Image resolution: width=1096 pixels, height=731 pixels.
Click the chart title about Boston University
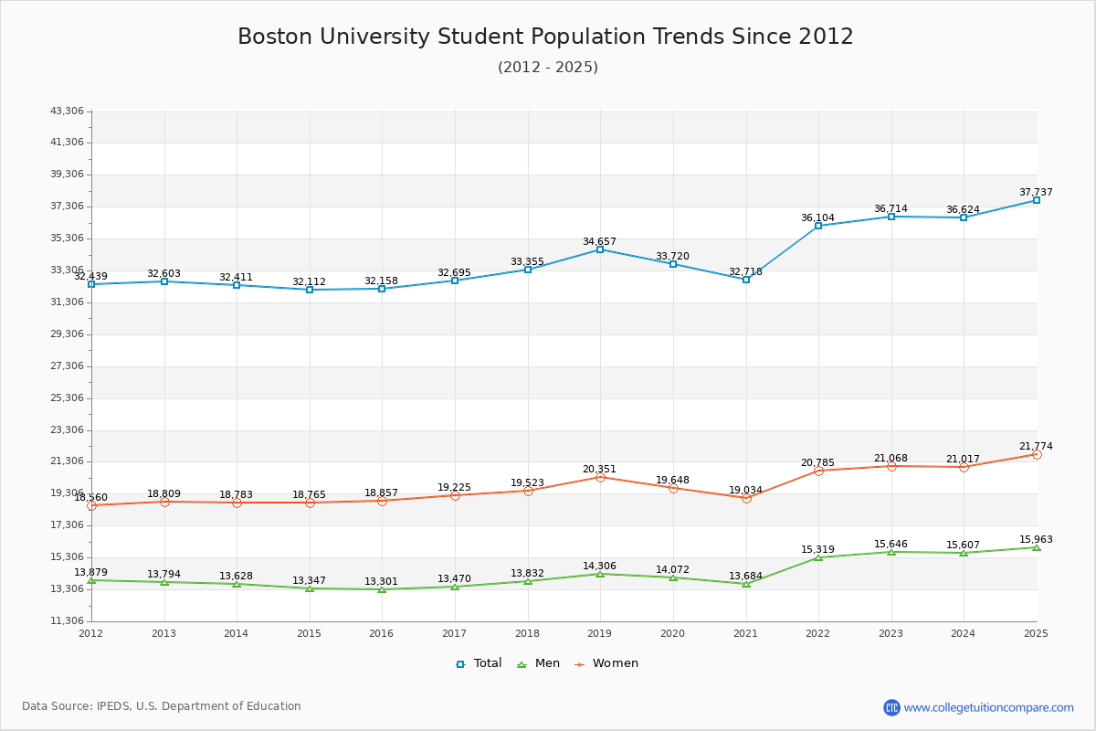pyautogui.click(x=545, y=37)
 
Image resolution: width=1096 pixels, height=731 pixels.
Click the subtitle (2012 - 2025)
pyautogui.click(x=548, y=67)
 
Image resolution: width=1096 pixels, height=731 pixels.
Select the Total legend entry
pyautogui.click(x=479, y=663)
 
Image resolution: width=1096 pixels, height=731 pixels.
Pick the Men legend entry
pyautogui.click(x=539, y=663)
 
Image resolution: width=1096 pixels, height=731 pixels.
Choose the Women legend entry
pyautogui.click(x=606, y=663)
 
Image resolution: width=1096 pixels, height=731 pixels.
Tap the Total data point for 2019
pyautogui.click(x=600, y=249)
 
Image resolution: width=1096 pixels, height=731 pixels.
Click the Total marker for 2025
pyautogui.click(x=1037, y=200)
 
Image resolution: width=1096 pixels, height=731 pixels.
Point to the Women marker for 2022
pyautogui.click(x=818, y=471)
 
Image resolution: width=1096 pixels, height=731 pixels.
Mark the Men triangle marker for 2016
pyautogui.click(x=382, y=589)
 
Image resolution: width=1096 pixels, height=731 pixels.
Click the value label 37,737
pyautogui.click(x=1036, y=192)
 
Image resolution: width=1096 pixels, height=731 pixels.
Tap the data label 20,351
pyautogui.click(x=599, y=469)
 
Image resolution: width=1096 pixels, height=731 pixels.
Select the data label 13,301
pyautogui.click(x=381, y=581)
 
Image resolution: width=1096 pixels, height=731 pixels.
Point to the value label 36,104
pyautogui.click(x=817, y=217)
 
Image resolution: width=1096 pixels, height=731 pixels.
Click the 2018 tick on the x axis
pyautogui.click(x=527, y=633)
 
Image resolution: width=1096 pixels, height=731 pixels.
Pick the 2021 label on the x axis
pyautogui.click(x=745, y=633)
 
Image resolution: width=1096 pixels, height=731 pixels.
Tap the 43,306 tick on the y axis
pyautogui.click(x=67, y=111)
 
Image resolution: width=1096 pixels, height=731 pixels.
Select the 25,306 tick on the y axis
pyautogui.click(x=67, y=397)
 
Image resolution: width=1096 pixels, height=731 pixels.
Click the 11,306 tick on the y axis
pyautogui.click(x=67, y=621)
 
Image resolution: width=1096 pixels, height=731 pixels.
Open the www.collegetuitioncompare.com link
pyautogui.click(x=988, y=707)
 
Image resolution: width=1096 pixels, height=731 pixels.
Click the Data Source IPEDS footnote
pyautogui.click(x=162, y=706)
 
